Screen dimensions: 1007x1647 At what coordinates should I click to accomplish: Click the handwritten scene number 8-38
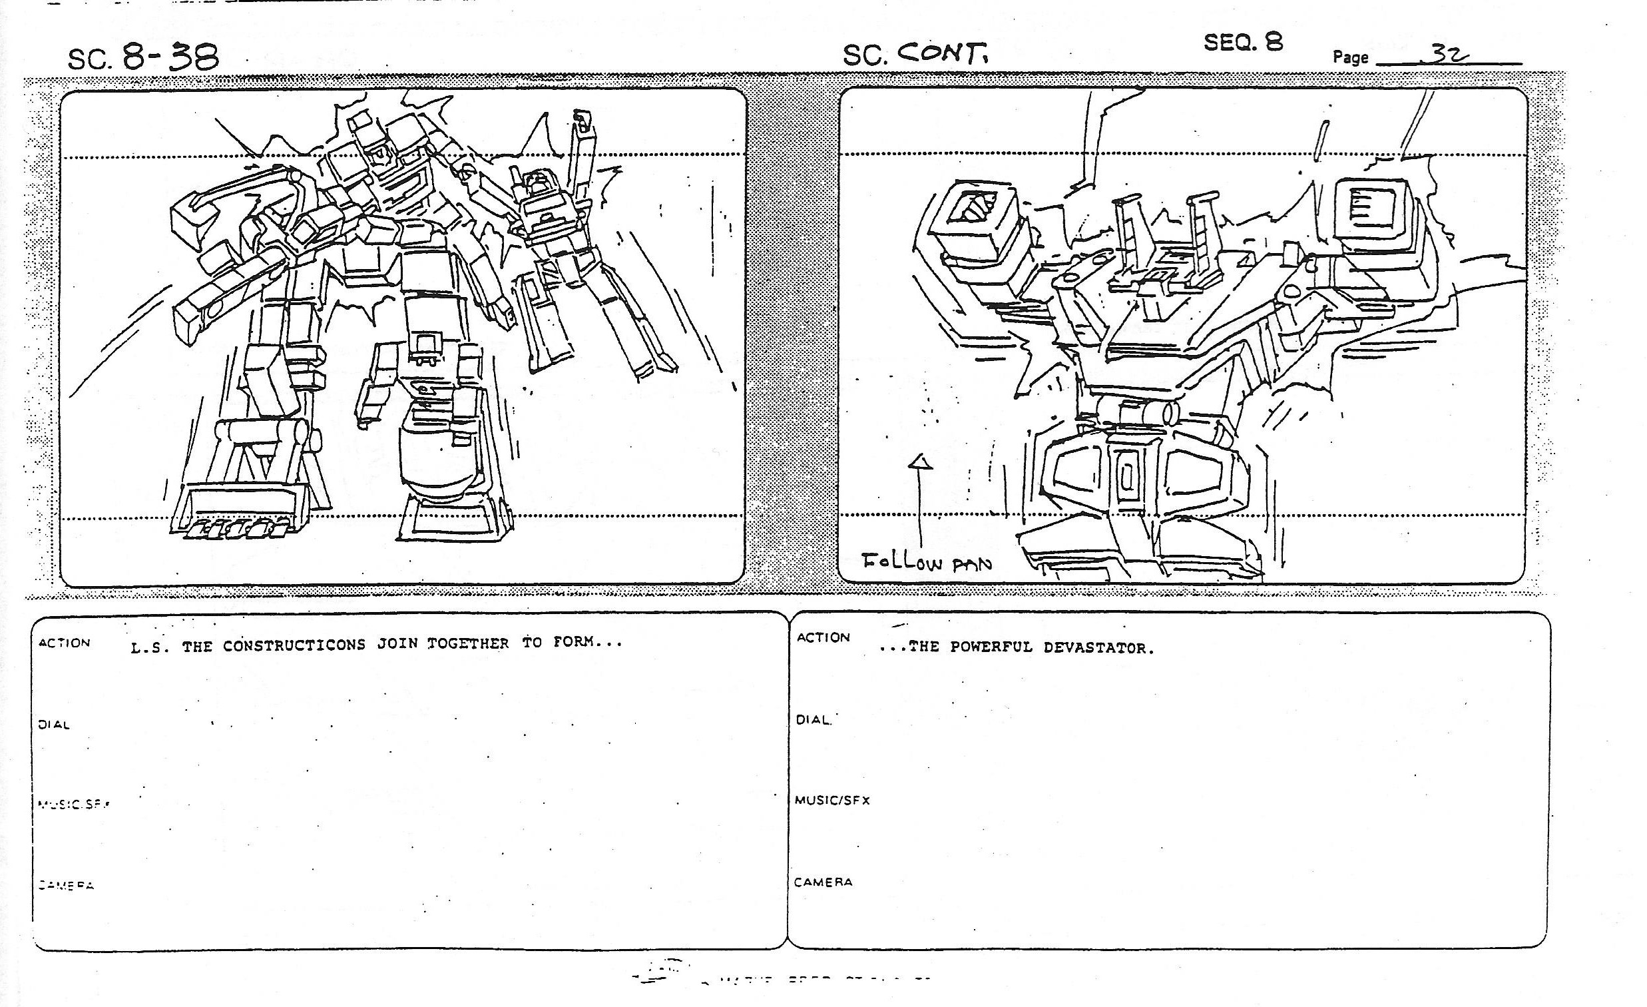click(x=170, y=57)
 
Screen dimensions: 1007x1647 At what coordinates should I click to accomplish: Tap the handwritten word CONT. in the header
click(x=942, y=53)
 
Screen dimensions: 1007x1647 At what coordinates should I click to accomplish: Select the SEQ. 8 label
click(x=1243, y=42)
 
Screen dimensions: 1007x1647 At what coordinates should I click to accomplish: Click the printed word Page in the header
click(x=1350, y=57)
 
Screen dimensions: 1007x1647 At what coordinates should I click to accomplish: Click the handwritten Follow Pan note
click(x=927, y=562)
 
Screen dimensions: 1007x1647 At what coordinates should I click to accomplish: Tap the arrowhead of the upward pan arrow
click(x=921, y=462)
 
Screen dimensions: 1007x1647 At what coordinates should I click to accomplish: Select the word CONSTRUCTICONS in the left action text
click(x=294, y=645)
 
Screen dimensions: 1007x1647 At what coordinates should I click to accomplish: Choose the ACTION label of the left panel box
click(x=64, y=643)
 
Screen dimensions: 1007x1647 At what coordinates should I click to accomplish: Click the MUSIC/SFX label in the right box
click(x=832, y=800)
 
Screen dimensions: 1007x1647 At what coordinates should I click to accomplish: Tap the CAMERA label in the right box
click(x=823, y=882)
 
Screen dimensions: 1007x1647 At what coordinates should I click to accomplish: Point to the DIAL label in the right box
click(x=813, y=720)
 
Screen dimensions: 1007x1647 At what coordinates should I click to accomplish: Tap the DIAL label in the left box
click(x=53, y=725)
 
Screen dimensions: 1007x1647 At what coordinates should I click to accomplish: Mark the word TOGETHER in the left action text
click(x=468, y=643)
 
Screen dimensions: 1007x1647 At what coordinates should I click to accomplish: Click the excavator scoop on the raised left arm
click(x=200, y=214)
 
